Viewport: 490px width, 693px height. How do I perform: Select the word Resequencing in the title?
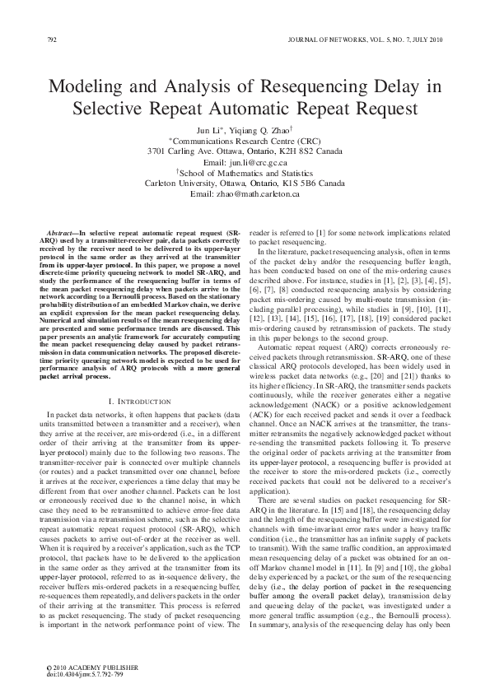point(315,85)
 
